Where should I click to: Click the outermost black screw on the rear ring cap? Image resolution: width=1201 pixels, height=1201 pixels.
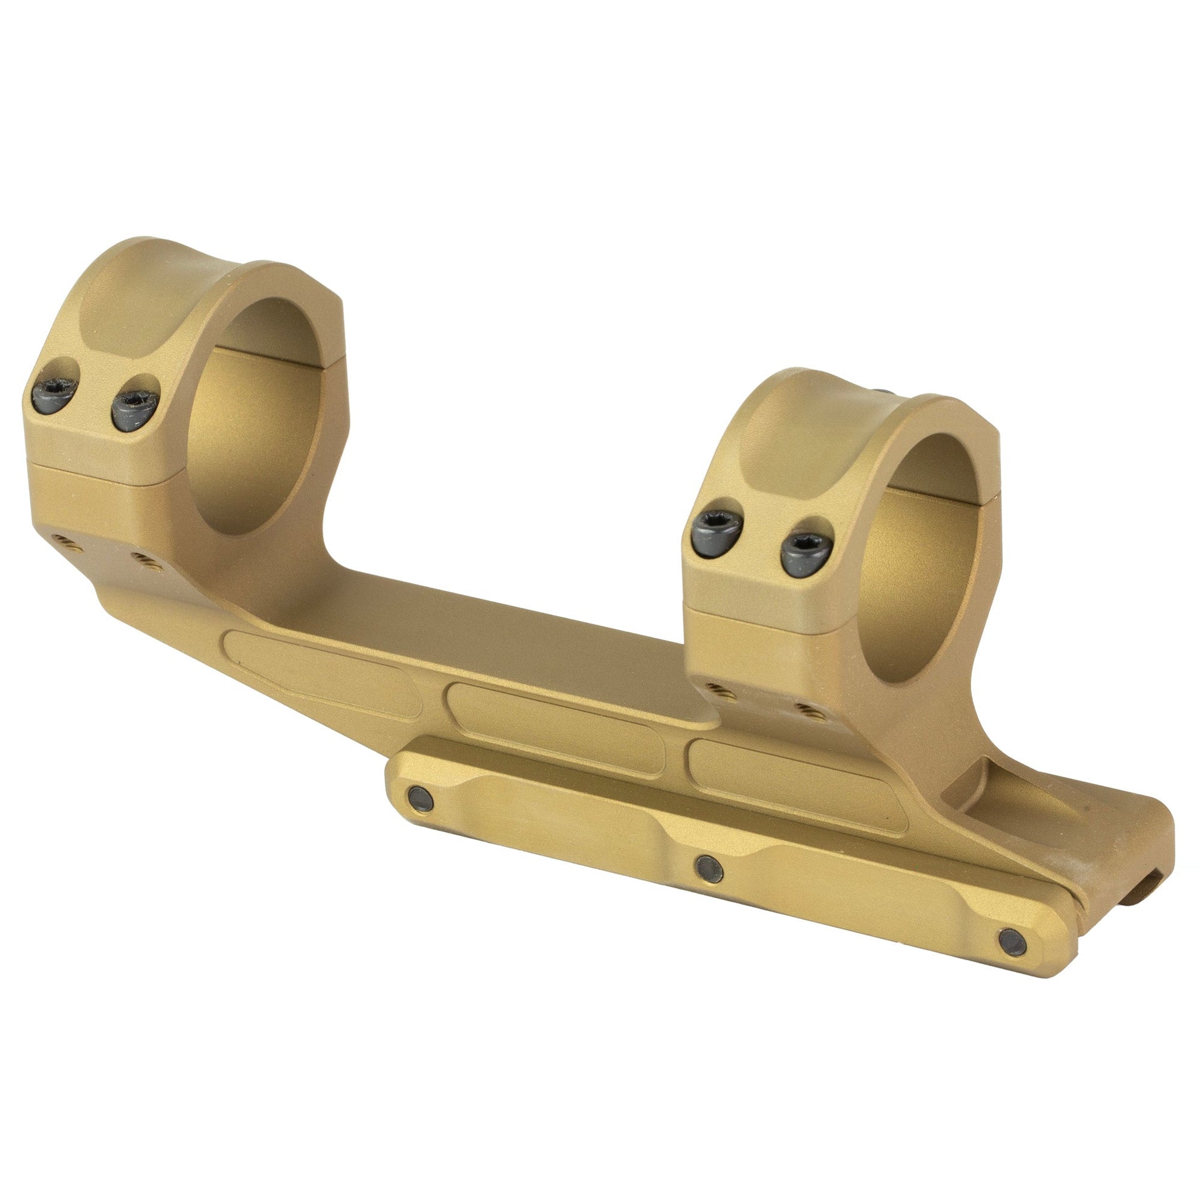[x=53, y=395]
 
